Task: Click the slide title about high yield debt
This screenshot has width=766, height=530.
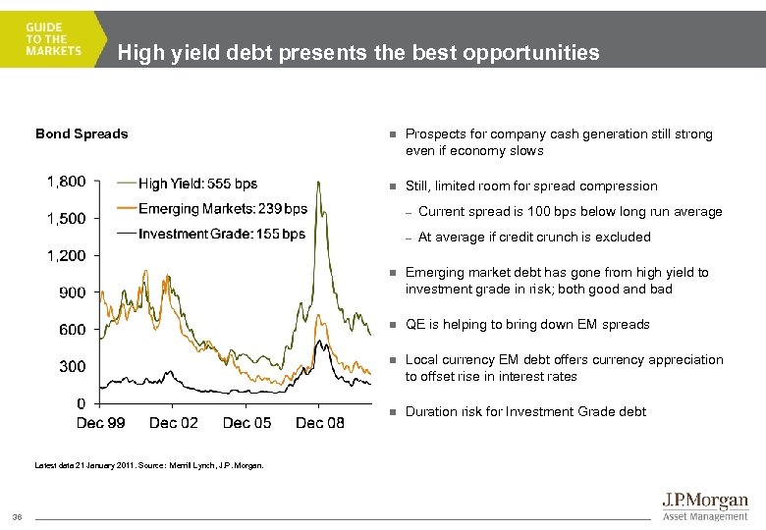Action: (357, 53)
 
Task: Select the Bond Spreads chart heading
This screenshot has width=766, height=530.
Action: (82, 133)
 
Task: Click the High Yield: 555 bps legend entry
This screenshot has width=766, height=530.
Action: (197, 184)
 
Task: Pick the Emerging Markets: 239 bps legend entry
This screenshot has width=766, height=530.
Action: (223, 208)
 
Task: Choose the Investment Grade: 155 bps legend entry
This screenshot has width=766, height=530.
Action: (221, 234)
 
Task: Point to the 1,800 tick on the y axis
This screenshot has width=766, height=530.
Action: (66, 181)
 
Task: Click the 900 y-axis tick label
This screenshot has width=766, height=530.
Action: (73, 291)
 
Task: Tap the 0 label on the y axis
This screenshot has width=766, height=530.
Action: (81, 402)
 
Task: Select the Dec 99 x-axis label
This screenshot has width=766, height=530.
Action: (101, 422)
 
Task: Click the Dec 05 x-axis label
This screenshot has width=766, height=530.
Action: (247, 422)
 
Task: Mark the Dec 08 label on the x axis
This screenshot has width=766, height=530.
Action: (320, 422)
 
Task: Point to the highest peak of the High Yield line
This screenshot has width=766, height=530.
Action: (317, 183)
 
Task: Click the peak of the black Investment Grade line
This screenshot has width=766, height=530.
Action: (320, 341)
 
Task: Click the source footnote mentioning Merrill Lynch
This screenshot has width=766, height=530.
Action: (149, 465)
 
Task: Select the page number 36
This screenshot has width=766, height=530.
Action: (17, 517)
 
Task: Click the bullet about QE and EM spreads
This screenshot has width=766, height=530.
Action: (527, 325)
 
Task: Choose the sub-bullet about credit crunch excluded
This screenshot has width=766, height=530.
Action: (534, 237)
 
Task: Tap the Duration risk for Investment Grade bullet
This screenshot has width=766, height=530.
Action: (525, 412)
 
